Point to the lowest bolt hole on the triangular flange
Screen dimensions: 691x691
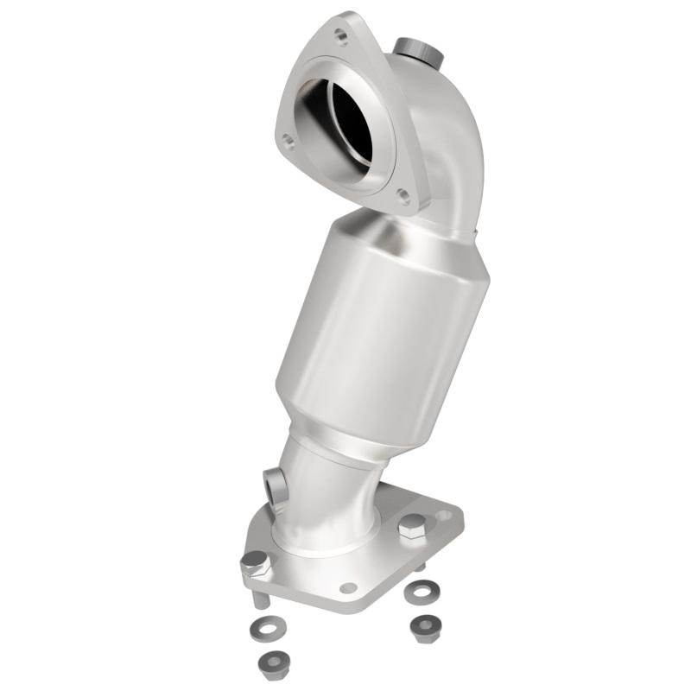pyautogui.click(x=403, y=196)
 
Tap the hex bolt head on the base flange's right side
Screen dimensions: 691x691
pyautogui.click(x=411, y=526)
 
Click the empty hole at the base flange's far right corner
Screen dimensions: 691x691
pyautogui.click(x=444, y=516)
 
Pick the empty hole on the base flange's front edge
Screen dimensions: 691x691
pyautogui.click(x=348, y=587)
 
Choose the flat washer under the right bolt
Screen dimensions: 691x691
pyautogui.click(x=422, y=592)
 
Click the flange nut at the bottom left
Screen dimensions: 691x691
pyautogui.click(x=274, y=662)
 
